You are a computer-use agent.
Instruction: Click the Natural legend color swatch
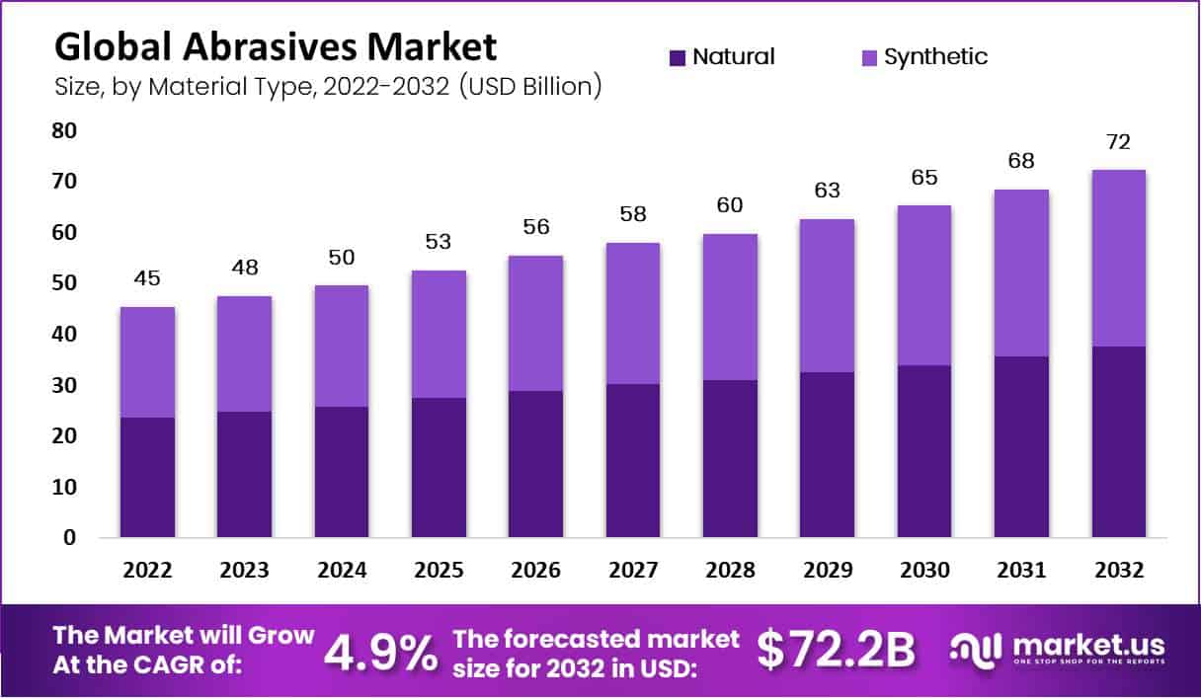678,57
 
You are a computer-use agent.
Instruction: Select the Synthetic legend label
935,57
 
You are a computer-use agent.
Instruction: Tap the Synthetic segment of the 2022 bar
147,362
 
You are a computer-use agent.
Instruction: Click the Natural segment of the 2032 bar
1118,441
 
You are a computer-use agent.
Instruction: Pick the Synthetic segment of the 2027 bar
633,313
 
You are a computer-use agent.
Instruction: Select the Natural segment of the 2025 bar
439,467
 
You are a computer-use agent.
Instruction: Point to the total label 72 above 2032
1118,143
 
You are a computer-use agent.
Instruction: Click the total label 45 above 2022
147,279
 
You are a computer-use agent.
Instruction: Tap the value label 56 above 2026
535,228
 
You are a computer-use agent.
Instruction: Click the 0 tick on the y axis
69,538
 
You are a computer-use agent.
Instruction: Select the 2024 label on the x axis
341,571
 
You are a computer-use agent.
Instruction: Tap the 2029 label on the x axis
827,571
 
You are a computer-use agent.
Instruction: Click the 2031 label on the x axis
1021,571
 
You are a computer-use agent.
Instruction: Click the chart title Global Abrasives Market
276,47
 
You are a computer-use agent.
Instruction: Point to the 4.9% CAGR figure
381,652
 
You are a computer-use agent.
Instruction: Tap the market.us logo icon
976,649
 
